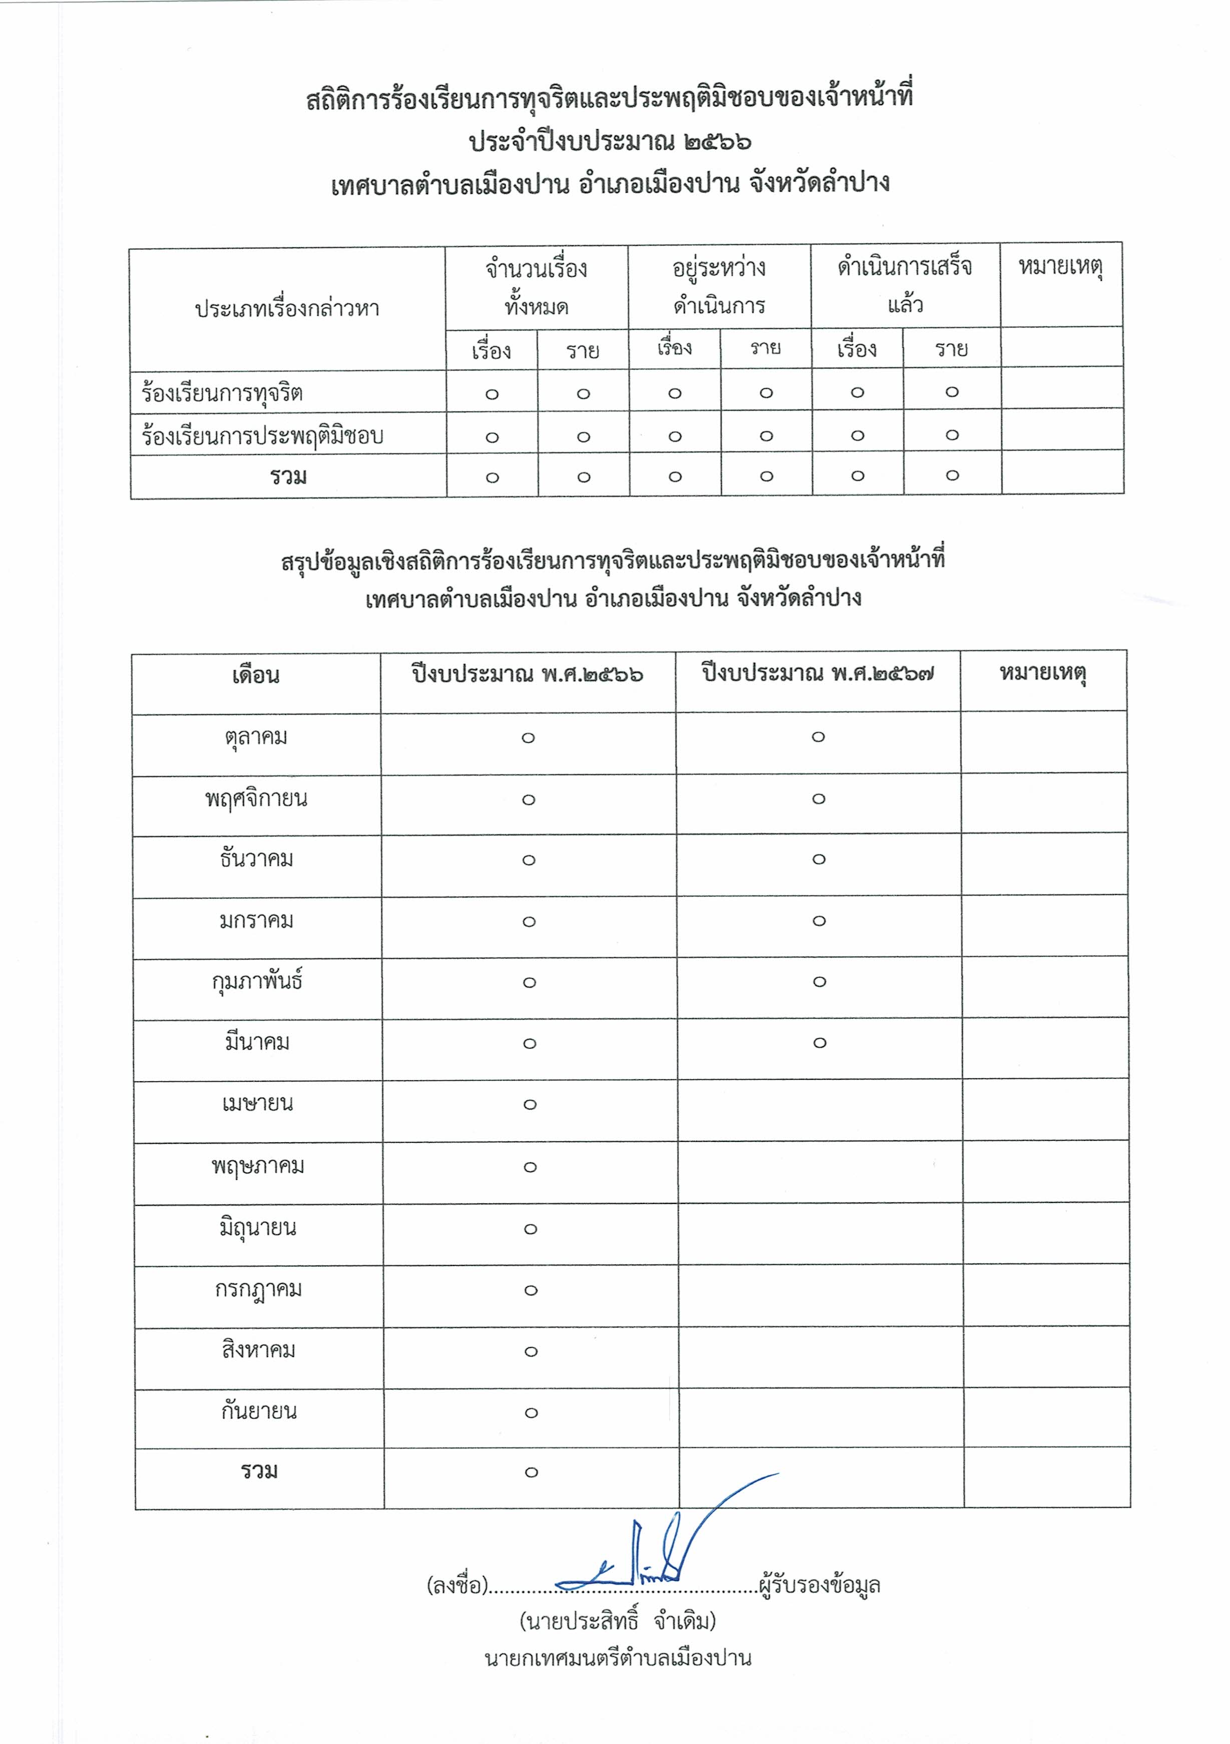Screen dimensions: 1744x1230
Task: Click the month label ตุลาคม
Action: (x=256, y=737)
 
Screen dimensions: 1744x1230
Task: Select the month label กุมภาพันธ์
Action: (x=257, y=982)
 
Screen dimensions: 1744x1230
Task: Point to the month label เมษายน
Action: (x=257, y=1104)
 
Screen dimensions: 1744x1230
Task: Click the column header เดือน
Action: (x=256, y=675)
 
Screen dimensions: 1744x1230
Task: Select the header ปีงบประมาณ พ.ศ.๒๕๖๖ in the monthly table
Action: (x=528, y=674)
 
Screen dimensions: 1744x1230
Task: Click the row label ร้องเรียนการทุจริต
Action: (x=222, y=393)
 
